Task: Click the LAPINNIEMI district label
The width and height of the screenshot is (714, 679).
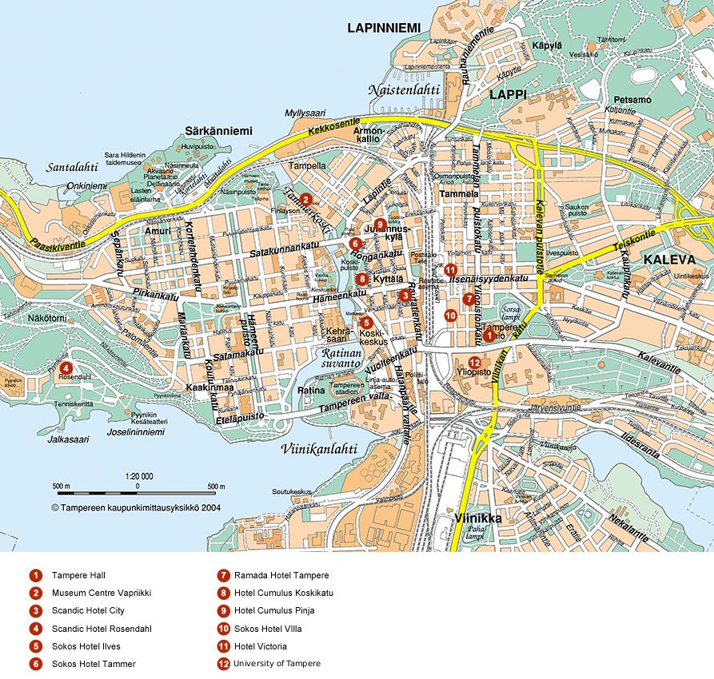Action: pyautogui.click(x=384, y=28)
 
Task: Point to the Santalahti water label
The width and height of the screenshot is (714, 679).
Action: pyautogui.click(x=72, y=167)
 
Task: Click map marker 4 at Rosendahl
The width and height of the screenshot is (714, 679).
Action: pyautogui.click(x=66, y=367)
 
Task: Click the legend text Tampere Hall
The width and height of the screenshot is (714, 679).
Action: pyautogui.click(x=78, y=575)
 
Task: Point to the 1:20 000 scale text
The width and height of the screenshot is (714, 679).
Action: pyautogui.click(x=139, y=476)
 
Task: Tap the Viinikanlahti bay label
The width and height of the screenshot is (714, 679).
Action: pyautogui.click(x=319, y=448)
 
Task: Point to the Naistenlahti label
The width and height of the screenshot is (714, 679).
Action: pyautogui.click(x=404, y=90)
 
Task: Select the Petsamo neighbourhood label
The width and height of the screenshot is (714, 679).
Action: pyautogui.click(x=632, y=100)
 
